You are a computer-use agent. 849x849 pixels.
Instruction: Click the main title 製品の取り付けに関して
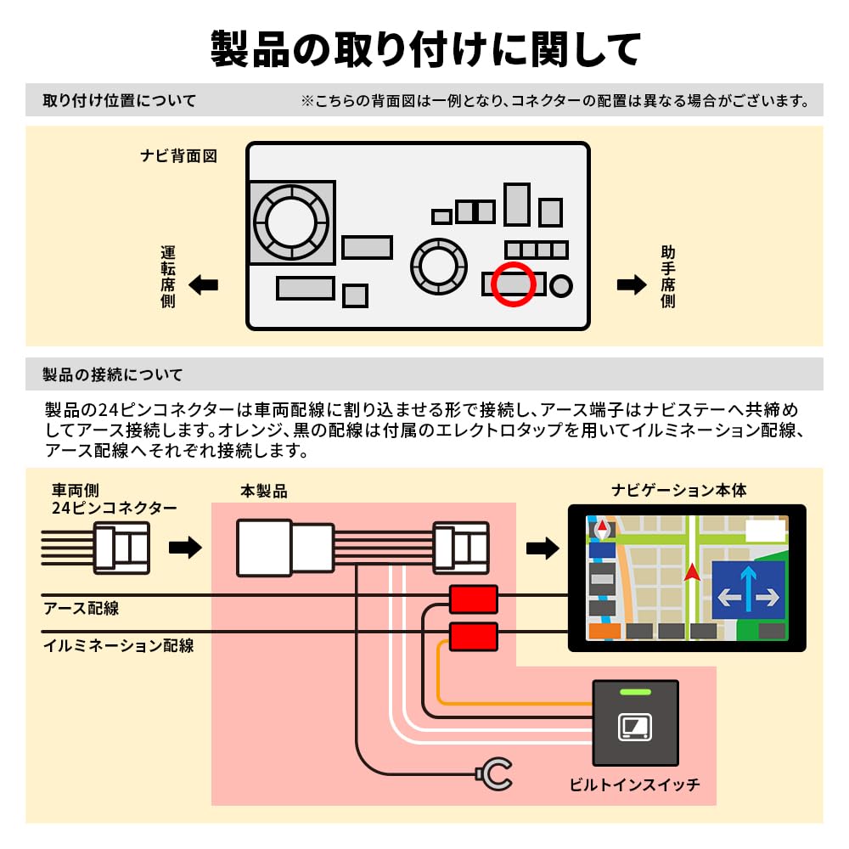424,49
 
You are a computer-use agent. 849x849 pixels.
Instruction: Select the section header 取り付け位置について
119,101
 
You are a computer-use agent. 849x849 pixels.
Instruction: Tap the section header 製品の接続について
112,374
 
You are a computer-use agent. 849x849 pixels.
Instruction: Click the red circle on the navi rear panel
514,284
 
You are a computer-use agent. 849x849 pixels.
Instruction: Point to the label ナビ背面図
179,156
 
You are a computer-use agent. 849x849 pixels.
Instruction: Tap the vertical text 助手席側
668,277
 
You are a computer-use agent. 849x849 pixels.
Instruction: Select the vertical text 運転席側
168,277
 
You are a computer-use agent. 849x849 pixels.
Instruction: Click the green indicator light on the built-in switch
635,693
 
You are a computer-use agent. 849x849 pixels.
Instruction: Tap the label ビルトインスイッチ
634,785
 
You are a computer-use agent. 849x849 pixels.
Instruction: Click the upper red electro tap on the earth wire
473,600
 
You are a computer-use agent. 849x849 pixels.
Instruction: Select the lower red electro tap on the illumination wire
473,635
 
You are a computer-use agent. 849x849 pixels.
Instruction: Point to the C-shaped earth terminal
494,773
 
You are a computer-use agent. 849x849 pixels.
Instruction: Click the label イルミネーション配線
118,646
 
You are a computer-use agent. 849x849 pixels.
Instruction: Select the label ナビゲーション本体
679,491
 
